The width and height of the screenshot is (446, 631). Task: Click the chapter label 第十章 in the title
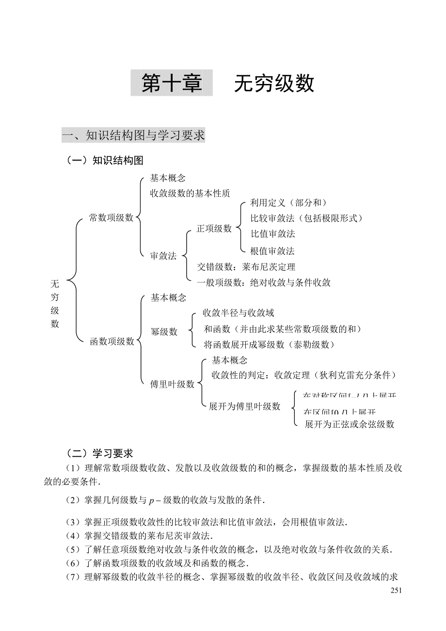click(172, 83)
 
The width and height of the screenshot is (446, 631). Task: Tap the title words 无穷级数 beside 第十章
click(274, 83)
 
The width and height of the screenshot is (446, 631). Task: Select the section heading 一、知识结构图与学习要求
click(133, 135)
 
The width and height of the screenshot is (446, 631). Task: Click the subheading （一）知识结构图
click(105, 160)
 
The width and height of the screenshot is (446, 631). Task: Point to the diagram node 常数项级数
click(111, 218)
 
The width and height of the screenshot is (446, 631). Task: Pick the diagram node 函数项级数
click(112, 342)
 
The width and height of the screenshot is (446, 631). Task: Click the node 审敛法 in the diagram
click(163, 256)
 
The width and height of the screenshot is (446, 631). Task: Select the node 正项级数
click(214, 229)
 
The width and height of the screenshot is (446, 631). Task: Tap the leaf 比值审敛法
click(273, 233)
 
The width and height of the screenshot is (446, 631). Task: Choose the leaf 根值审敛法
click(272, 251)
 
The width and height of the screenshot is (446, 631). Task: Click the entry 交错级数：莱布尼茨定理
click(246, 267)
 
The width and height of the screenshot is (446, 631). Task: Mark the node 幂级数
click(164, 332)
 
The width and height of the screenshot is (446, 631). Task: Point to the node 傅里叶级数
click(172, 384)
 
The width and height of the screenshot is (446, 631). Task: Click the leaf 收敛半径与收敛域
click(239, 313)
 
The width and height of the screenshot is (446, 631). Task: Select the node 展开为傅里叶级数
click(244, 407)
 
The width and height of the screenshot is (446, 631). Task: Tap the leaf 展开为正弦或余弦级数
click(349, 424)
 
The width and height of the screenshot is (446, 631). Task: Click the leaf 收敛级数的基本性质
click(190, 193)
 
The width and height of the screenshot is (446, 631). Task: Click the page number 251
click(396, 590)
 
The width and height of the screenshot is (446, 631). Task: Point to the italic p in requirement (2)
click(151, 500)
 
